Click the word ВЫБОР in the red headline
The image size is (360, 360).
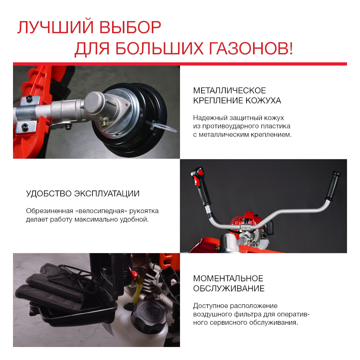(130, 27)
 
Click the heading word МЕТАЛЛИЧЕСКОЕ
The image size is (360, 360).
(229, 91)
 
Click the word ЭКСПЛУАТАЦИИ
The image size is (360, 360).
(107, 193)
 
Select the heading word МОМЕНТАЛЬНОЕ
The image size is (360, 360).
(228, 278)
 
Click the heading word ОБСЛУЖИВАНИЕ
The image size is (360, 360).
(229, 288)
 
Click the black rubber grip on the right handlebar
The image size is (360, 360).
(333, 186)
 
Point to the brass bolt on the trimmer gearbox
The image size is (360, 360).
(104, 124)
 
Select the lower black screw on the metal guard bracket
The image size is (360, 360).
(25, 126)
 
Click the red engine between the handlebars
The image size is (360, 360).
(248, 224)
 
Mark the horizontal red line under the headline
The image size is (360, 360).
(180, 64)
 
